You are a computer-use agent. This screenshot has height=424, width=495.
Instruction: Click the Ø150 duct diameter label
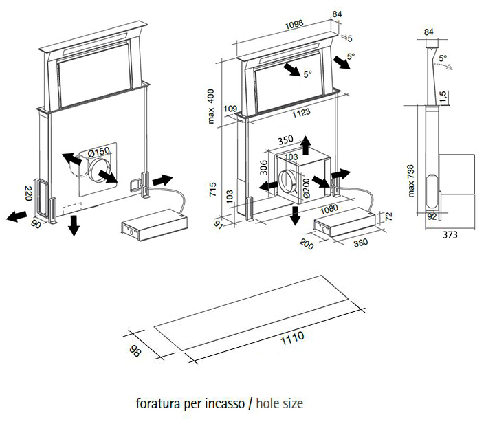pyautogui.click(x=100, y=151)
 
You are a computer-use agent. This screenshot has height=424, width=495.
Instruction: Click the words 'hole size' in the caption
pyautogui.click(x=279, y=403)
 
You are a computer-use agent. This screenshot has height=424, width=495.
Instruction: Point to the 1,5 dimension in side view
pyautogui.click(x=443, y=94)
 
